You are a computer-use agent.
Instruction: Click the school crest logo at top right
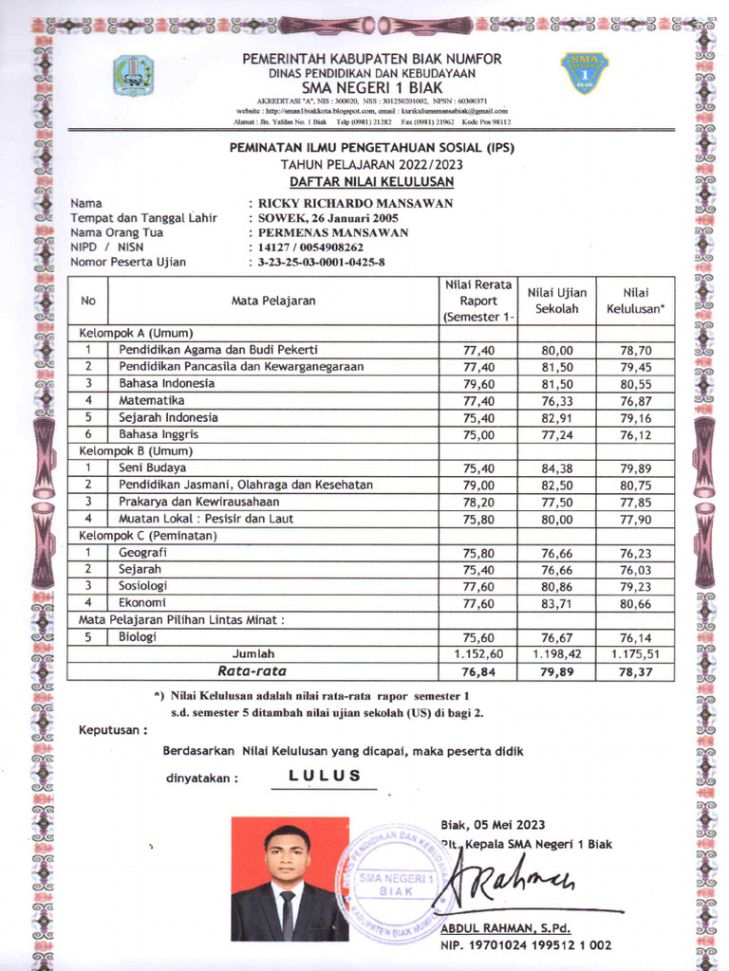click(x=586, y=74)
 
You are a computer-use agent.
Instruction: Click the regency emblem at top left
click(x=134, y=76)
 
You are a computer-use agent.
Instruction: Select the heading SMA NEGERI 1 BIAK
click(x=372, y=88)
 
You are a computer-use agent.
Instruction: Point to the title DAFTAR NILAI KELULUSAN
click(x=372, y=181)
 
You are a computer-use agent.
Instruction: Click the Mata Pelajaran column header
click(x=273, y=301)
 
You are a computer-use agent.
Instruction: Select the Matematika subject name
click(x=153, y=400)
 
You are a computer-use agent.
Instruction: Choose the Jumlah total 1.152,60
click(x=478, y=653)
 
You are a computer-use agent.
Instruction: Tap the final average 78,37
click(x=636, y=671)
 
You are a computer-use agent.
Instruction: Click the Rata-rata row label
click(x=252, y=670)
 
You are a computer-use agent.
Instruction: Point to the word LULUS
click(x=325, y=776)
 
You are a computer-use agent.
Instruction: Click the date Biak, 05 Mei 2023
click(x=493, y=824)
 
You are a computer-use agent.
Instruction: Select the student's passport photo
click(x=290, y=879)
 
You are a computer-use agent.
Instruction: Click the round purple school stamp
click(x=397, y=882)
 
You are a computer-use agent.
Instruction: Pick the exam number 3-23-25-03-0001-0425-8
click(x=322, y=262)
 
